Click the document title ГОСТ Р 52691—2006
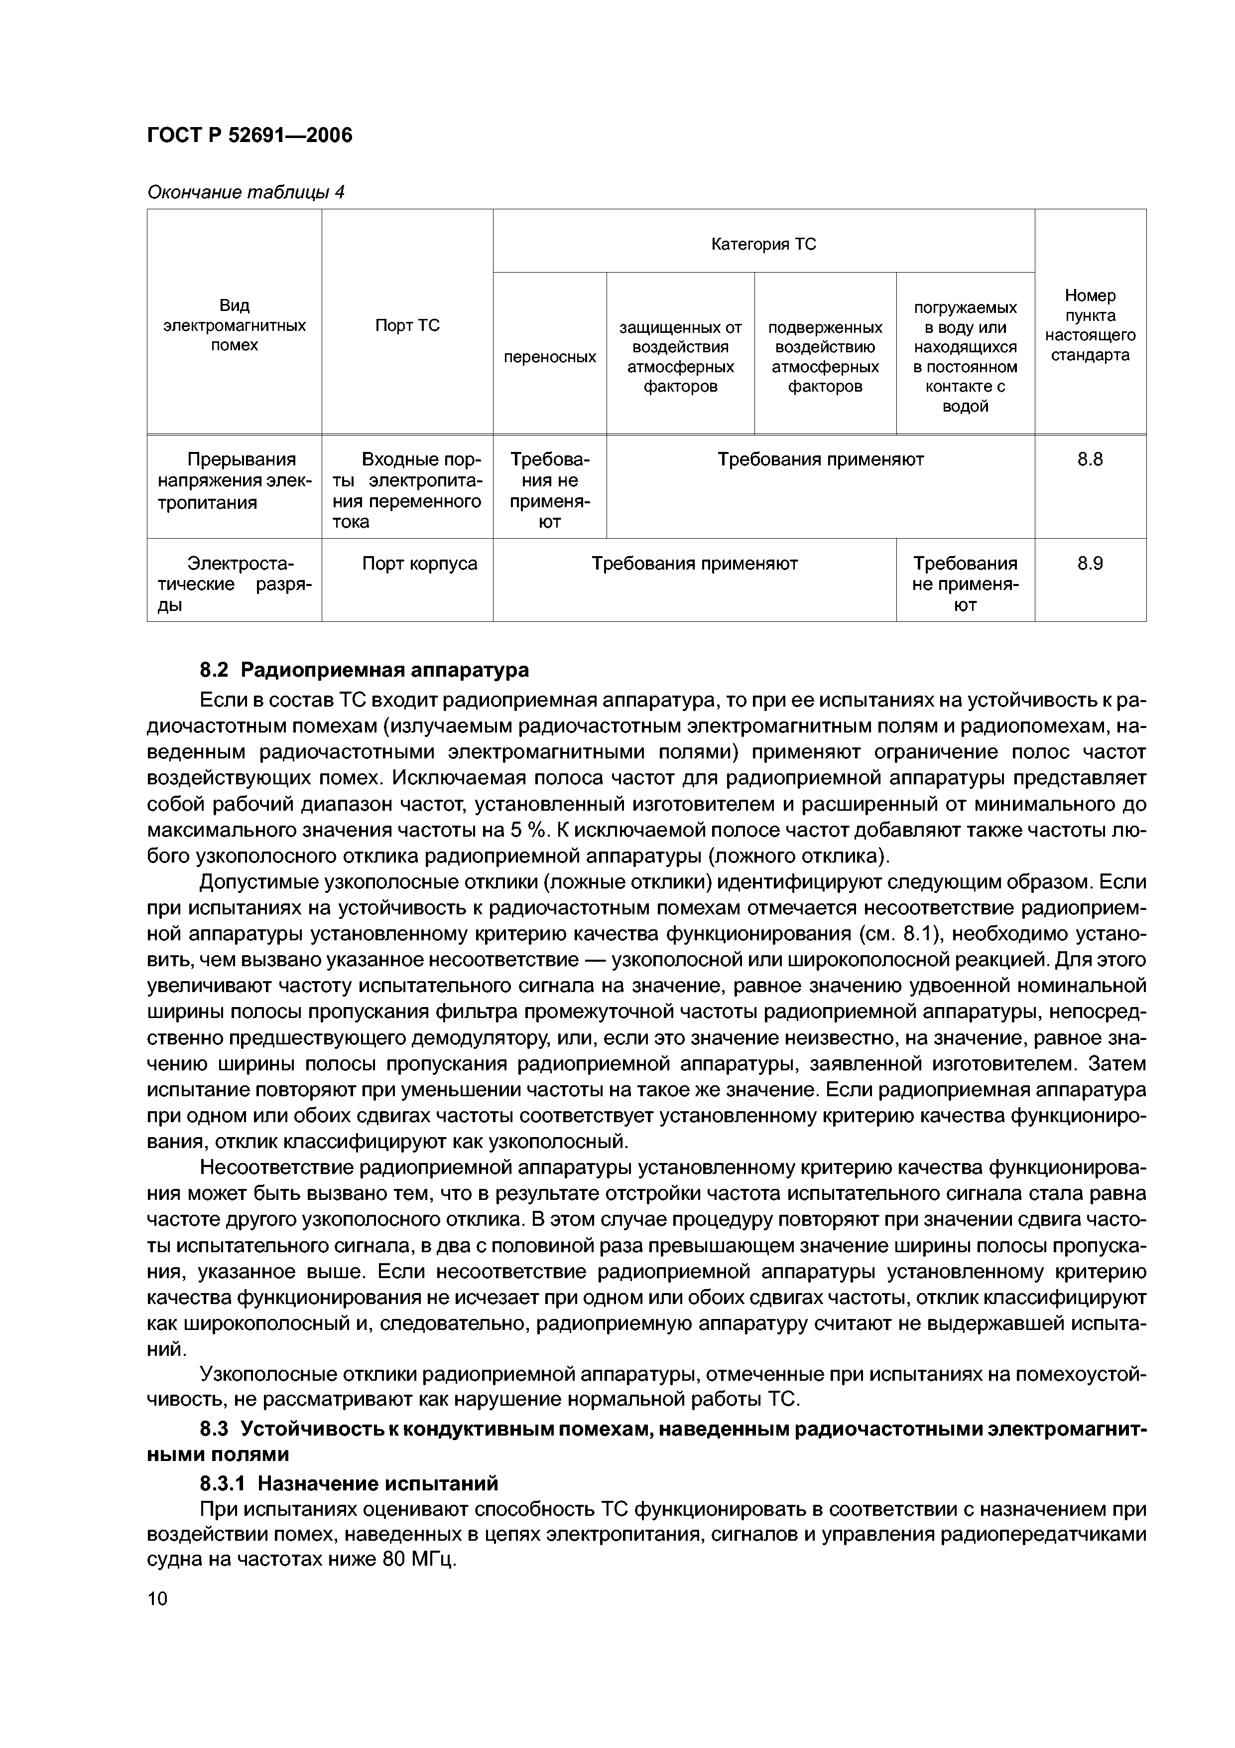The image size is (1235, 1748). click(x=249, y=136)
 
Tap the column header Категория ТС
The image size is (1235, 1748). click(x=763, y=244)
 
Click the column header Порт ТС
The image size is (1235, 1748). click(x=407, y=326)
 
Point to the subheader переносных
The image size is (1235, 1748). click(x=549, y=356)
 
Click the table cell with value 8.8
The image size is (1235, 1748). click(x=1090, y=459)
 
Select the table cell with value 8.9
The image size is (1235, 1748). click(x=1090, y=564)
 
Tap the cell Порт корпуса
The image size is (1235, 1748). click(x=419, y=564)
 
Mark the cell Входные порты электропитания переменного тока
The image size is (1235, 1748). click(x=407, y=490)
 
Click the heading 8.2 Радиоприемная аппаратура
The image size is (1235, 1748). click(x=364, y=670)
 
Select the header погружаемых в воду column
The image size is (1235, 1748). click(x=965, y=356)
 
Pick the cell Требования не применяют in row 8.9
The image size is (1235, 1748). click(x=965, y=584)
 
